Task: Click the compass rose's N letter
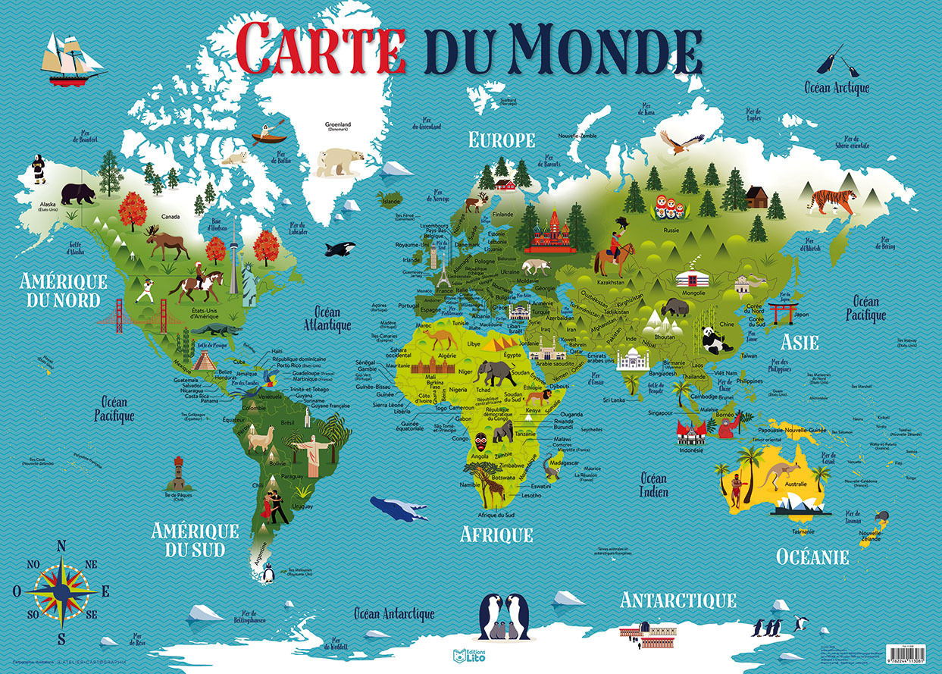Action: tap(61, 546)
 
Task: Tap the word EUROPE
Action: tap(502, 140)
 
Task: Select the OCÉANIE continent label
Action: tap(812, 557)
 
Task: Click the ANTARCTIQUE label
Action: tap(678, 600)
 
